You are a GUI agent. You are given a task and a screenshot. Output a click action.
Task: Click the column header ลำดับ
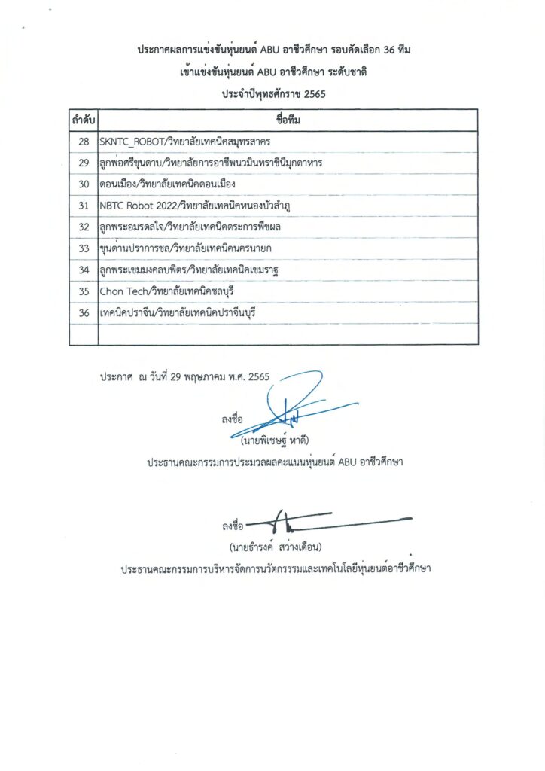(84, 120)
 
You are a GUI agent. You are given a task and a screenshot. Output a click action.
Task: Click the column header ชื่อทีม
(288, 120)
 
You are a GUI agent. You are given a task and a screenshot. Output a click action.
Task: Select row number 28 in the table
(84, 142)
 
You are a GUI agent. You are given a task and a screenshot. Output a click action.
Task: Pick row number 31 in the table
(84, 205)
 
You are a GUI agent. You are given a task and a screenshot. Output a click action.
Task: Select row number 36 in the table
(84, 312)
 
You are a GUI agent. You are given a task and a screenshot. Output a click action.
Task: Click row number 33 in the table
(84, 248)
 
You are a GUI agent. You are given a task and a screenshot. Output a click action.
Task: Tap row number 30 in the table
(84, 184)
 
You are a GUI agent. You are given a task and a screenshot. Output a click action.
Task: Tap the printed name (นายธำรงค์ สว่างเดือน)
(276, 546)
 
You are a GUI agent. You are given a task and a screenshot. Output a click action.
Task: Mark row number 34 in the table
(84, 270)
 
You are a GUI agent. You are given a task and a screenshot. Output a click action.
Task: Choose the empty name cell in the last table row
(288, 334)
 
